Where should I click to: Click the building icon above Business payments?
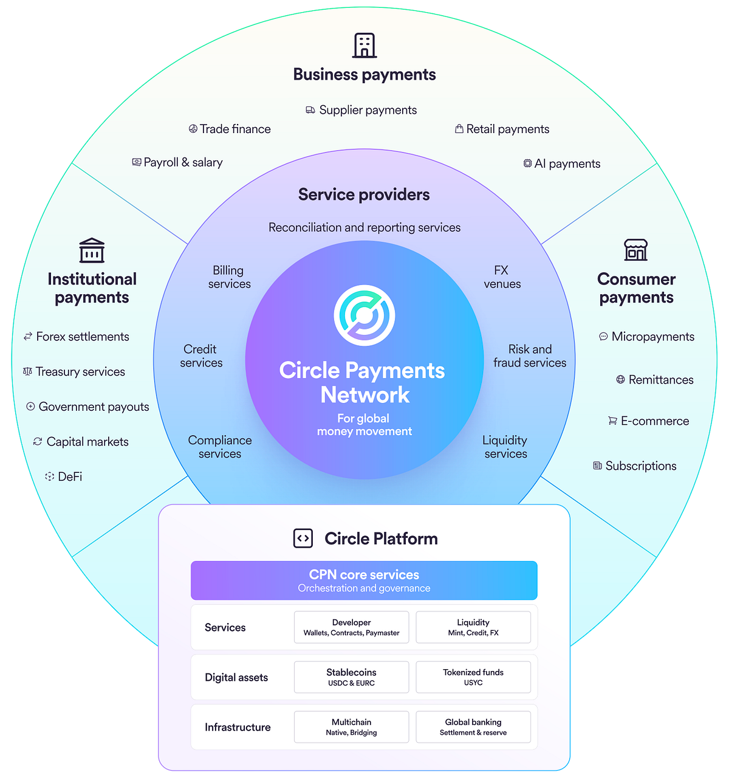(x=364, y=45)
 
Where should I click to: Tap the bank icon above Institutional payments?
(x=92, y=250)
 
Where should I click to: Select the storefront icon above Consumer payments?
(x=635, y=250)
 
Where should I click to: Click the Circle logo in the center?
(x=364, y=315)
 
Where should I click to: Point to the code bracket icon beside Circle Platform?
(x=303, y=538)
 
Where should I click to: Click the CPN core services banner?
(x=364, y=580)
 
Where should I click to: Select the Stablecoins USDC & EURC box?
(x=351, y=677)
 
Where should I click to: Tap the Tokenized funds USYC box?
(x=473, y=677)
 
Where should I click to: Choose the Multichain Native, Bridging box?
(x=351, y=727)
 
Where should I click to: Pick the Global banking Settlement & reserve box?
(x=473, y=727)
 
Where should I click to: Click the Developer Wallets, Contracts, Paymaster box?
(x=351, y=627)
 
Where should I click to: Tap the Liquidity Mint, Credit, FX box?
(x=473, y=627)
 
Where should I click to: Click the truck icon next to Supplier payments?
(x=310, y=110)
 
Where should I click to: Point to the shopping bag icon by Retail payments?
(x=459, y=129)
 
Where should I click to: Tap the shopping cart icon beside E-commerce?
(x=612, y=421)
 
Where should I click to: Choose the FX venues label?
(x=502, y=277)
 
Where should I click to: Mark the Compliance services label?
(x=220, y=447)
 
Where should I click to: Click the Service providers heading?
(x=364, y=194)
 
